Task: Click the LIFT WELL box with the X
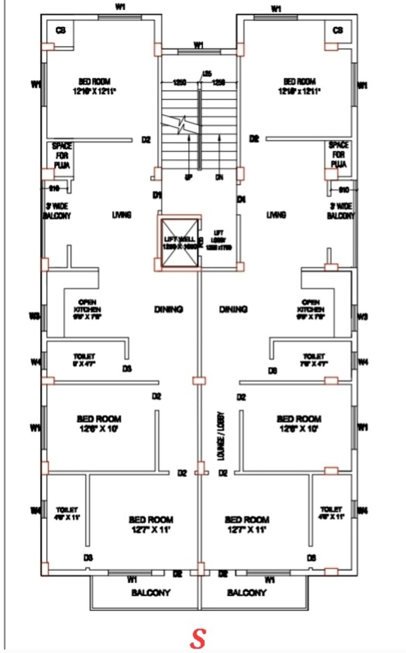tap(179, 242)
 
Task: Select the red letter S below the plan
tap(198, 638)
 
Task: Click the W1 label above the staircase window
tap(199, 45)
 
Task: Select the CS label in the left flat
tap(61, 30)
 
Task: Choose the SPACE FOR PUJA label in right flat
tap(338, 155)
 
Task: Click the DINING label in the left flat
tap(169, 309)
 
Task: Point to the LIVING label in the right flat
tap(276, 215)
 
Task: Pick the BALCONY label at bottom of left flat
tap(151, 593)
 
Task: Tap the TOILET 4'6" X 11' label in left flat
tap(66, 513)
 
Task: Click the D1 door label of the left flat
tap(157, 196)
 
